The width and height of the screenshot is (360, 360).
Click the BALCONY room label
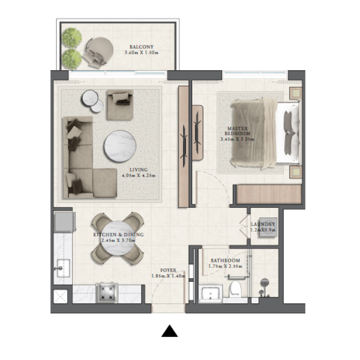point(141,47)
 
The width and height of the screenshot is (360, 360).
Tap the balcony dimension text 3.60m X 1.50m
point(141,53)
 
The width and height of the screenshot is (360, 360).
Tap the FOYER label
point(168,270)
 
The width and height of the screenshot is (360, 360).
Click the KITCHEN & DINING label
point(118,235)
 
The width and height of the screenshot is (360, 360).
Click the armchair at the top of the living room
point(120,98)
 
